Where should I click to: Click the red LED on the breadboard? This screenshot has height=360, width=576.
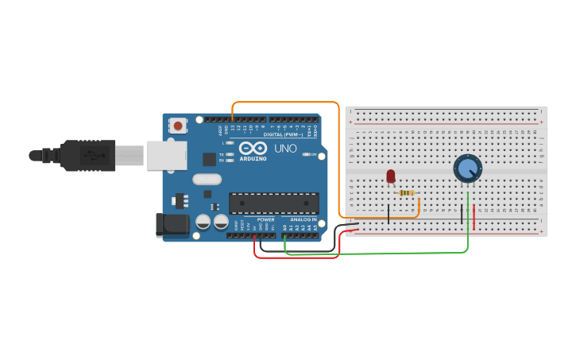[x=390, y=176]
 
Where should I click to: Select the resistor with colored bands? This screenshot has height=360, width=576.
[x=407, y=192]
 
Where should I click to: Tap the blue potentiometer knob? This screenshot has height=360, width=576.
[x=467, y=168]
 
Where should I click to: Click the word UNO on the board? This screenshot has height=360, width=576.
[x=285, y=148]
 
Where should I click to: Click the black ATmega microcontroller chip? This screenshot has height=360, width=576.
[x=273, y=203]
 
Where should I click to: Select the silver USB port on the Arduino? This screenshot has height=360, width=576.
[x=166, y=156]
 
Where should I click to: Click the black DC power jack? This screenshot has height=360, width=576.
[x=172, y=225]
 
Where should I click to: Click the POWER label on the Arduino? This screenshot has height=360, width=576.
[x=265, y=219]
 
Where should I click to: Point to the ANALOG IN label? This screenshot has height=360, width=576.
[x=303, y=219]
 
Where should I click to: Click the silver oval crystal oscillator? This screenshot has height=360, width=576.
[x=207, y=180]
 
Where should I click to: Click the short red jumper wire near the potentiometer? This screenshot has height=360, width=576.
[x=474, y=217]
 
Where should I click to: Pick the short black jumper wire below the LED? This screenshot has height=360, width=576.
[x=389, y=213]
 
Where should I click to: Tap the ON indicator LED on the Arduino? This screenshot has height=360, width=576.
[x=306, y=154]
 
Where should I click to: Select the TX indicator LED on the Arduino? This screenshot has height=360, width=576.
[x=229, y=154]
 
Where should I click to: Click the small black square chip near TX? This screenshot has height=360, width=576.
[x=209, y=159]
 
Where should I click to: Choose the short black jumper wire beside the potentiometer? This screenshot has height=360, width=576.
[x=462, y=213]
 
